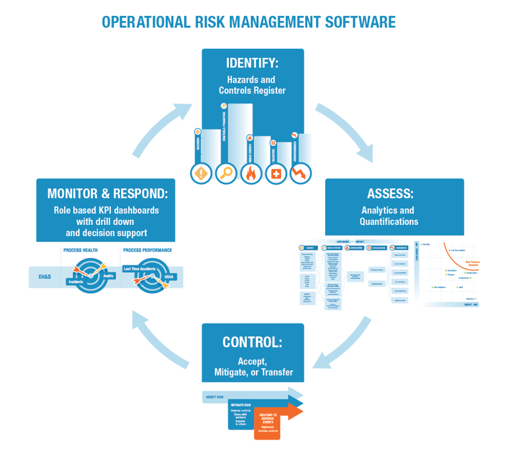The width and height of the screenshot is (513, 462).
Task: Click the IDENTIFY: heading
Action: [252, 63]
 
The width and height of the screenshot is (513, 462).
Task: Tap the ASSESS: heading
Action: [390, 194]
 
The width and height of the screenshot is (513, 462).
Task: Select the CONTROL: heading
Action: [252, 342]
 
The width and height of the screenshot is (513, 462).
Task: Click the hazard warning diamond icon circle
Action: [202, 173]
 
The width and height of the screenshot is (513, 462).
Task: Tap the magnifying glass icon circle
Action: [226, 173]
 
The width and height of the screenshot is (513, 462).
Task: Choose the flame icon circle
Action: [251, 173]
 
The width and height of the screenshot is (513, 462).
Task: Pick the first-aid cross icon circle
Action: [276, 173]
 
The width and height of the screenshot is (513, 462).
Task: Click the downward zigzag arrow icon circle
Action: [300, 173]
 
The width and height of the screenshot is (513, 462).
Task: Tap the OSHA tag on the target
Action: [169, 277]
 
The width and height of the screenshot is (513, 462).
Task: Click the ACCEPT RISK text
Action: [215, 397]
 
